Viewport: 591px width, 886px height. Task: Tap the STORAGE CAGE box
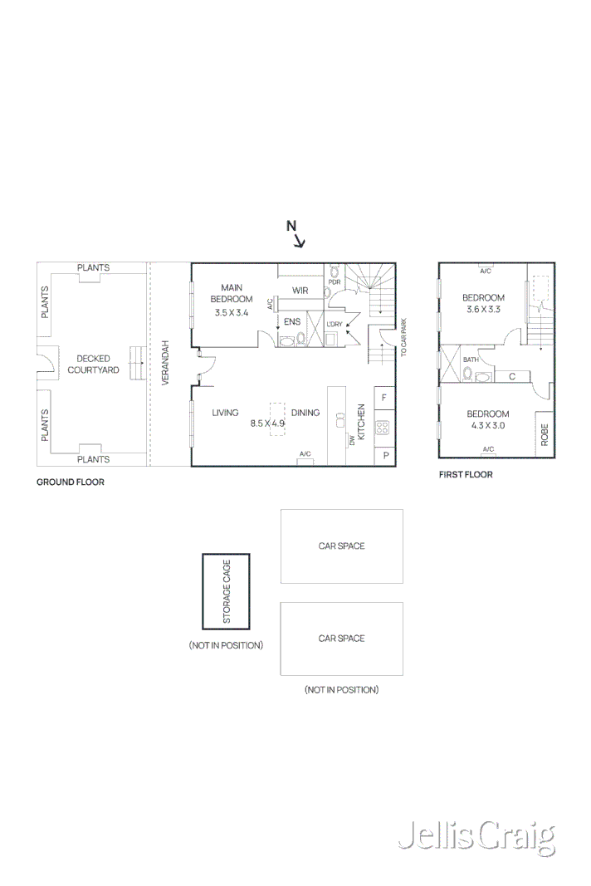tap(226, 591)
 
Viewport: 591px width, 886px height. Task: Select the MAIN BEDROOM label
tap(232, 293)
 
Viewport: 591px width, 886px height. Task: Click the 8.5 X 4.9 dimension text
tap(267, 423)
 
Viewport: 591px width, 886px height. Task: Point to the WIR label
tap(300, 291)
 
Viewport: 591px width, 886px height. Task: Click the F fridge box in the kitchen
tap(384, 398)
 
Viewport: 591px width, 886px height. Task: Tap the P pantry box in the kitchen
tap(385, 455)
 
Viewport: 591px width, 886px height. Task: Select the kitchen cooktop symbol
tap(382, 428)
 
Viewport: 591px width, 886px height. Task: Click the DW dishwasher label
tap(352, 439)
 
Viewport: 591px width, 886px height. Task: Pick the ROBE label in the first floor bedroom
tap(545, 434)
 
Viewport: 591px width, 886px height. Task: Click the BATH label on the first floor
tap(471, 360)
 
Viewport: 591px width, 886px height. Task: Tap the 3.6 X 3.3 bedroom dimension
tap(484, 309)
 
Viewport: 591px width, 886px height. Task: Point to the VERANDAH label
tap(165, 363)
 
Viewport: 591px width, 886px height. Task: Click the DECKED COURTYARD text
tap(93, 365)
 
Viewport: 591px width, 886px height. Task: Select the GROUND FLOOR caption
tap(71, 482)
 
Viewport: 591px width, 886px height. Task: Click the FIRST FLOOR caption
tap(466, 475)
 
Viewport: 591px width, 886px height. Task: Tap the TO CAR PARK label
tap(403, 337)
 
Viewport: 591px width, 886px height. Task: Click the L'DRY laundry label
tap(335, 325)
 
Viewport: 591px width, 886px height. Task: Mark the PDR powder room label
tap(335, 282)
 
